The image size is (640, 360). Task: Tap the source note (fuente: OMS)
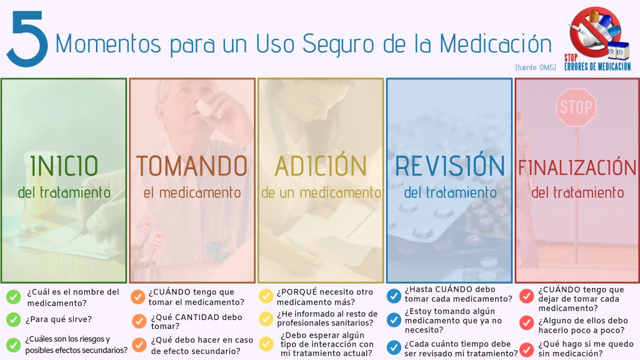pyautogui.click(x=535, y=67)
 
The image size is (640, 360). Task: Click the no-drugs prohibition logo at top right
pyautogui.click(x=596, y=31)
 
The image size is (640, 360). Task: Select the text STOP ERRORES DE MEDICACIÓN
pyautogui.click(x=597, y=62)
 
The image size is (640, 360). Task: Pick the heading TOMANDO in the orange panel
pyautogui.click(x=192, y=166)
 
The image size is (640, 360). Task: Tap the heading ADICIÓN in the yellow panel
pyautogui.click(x=321, y=166)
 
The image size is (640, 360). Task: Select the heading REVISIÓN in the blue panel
pyautogui.click(x=450, y=166)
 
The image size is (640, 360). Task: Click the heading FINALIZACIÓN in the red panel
pyautogui.click(x=578, y=167)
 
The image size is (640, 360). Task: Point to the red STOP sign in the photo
pyautogui.click(x=576, y=107)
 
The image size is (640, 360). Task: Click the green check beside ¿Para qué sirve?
pyautogui.click(x=14, y=319)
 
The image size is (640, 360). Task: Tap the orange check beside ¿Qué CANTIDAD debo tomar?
pyautogui.click(x=139, y=321)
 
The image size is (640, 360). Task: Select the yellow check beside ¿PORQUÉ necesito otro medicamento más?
pyautogui.click(x=266, y=297)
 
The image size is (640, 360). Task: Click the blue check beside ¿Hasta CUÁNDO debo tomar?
pyautogui.click(x=394, y=295)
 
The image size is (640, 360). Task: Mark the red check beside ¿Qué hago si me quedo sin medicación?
pyautogui.click(x=527, y=349)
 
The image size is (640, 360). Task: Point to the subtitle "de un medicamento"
pyautogui.click(x=321, y=192)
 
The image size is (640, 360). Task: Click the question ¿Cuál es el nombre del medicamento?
pyautogui.click(x=73, y=297)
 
